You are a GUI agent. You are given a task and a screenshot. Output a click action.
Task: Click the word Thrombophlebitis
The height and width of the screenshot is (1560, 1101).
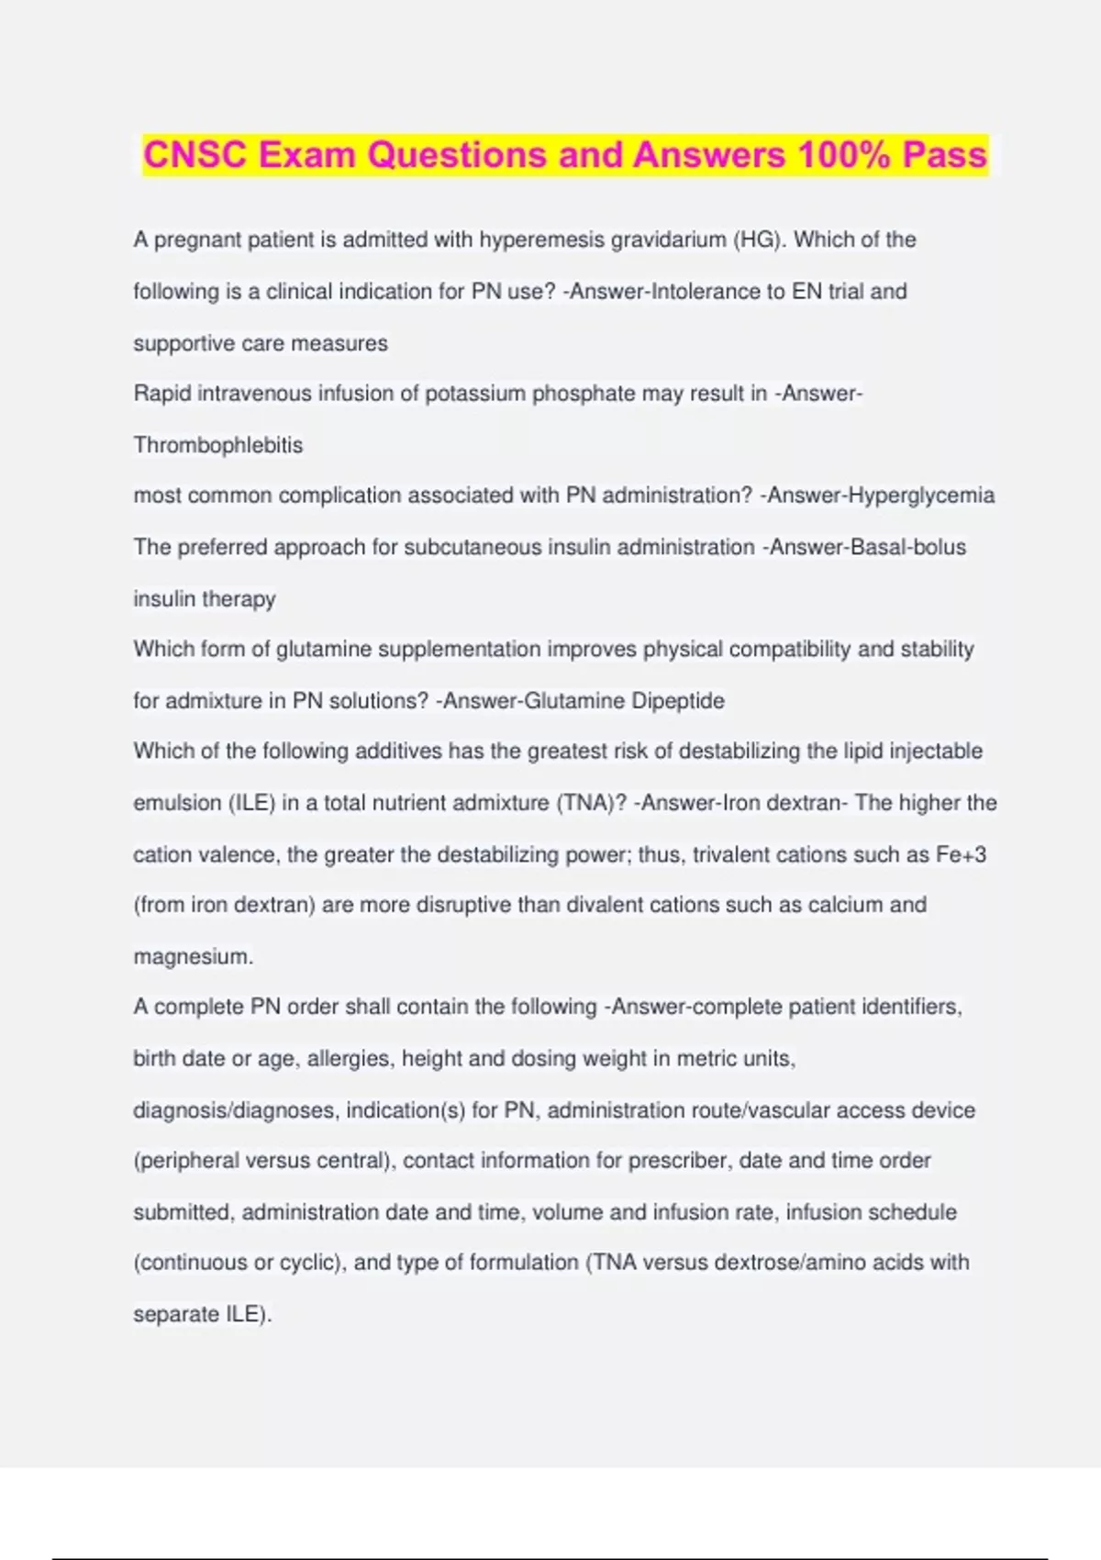coord(217,445)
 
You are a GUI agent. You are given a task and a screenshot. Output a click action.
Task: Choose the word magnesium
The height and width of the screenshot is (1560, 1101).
coord(193,956)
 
